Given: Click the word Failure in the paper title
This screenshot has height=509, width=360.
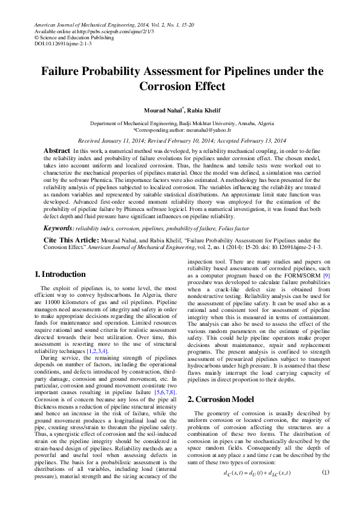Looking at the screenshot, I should point(64,71).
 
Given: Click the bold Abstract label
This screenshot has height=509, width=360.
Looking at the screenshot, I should point(57,150).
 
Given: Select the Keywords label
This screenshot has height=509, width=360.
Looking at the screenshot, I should point(58,229).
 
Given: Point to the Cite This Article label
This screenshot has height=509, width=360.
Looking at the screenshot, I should point(65,240).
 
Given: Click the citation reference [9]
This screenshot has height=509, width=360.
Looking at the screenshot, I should point(326,293).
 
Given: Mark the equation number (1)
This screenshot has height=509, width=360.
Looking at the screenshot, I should point(325,472).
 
